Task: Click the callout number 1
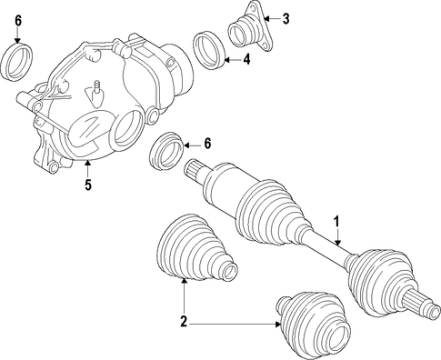click(336, 222)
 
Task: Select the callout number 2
click(184, 321)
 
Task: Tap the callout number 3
click(286, 19)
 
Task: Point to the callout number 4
click(247, 59)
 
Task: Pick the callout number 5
click(88, 185)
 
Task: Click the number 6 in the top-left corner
click(18, 21)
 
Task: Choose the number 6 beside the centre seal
click(207, 144)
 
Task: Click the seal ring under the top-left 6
click(16, 63)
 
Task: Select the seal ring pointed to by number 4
click(209, 50)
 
